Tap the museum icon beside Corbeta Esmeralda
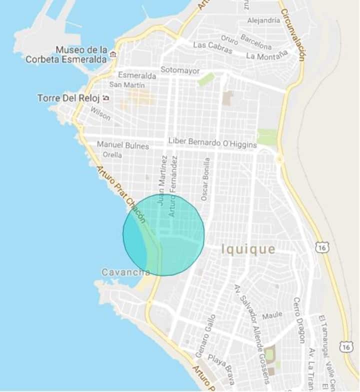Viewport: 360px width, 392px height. click(x=114, y=54)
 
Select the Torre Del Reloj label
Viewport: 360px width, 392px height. click(x=68, y=98)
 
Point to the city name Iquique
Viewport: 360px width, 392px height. click(x=248, y=249)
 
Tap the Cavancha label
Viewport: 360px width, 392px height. click(x=125, y=272)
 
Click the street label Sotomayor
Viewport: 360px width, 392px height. click(x=180, y=69)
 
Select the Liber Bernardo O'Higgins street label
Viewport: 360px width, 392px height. click(x=212, y=143)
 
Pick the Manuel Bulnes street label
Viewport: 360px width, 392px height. click(x=122, y=145)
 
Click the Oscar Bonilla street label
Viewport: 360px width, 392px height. click(x=205, y=179)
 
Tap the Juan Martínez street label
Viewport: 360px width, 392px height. click(x=161, y=180)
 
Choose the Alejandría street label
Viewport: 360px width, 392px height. click(x=263, y=20)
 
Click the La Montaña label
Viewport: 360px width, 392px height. click(x=267, y=54)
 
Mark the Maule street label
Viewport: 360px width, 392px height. click(x=272, y=315)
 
